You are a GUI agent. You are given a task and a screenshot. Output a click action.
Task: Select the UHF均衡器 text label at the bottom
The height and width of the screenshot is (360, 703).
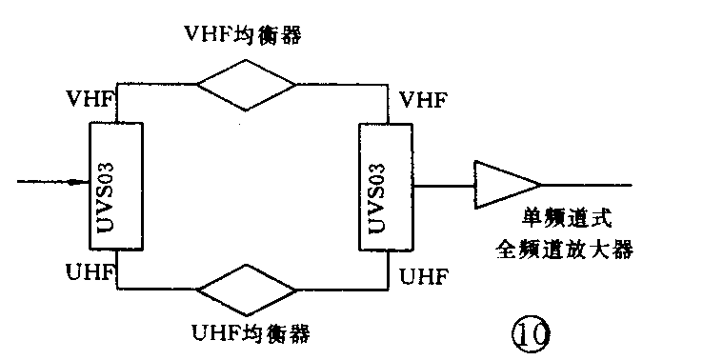pyautogui.click(x=251, y=334)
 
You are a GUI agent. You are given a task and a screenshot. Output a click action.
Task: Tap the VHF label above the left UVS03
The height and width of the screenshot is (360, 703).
pyautogui.click(x=91, y=99)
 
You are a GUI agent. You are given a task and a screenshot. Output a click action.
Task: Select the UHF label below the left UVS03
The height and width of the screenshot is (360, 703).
pyautogui.click(x=91, y=273)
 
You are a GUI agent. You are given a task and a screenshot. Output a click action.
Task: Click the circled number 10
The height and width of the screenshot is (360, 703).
pyautogui.click(x=529, y=332)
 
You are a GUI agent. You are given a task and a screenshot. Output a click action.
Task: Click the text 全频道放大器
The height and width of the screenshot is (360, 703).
pyautogui.click(x=564, y=250)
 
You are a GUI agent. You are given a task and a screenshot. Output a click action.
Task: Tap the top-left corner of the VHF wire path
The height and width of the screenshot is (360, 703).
pyautogui.click(x=117, y=83)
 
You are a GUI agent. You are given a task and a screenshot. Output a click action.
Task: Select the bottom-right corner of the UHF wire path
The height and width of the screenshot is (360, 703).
pyautogui.click(x=390, y=288)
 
